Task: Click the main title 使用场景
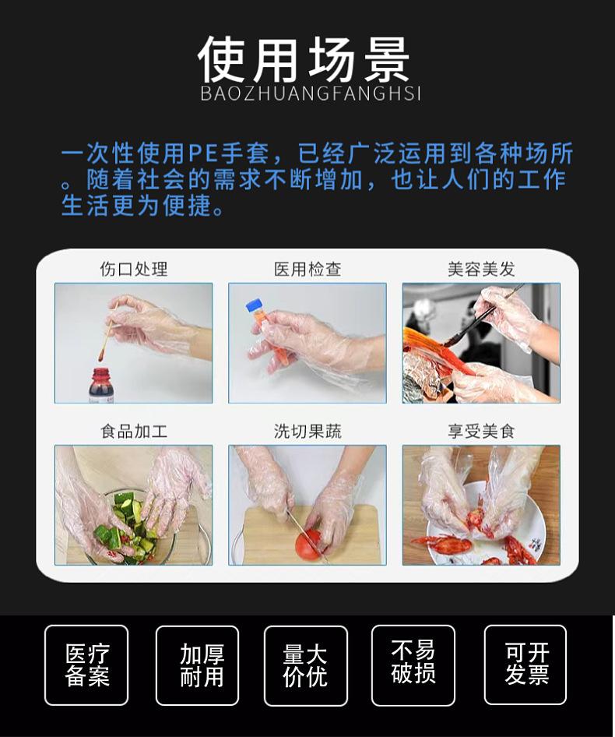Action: [304, 59]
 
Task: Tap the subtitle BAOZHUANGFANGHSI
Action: [311, 93]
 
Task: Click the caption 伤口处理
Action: [133, 269]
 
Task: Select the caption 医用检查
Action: [307, 269]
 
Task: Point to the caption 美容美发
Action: [481, 269]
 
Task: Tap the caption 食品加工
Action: [133, 431]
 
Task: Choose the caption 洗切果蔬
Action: [307, 431]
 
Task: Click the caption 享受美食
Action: [481, 431]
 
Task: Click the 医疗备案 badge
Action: [86, 665]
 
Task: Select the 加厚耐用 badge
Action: [197, 665]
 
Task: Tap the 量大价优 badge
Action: [305, 665]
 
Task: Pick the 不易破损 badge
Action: [413, 665]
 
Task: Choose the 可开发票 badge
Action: [525, 665]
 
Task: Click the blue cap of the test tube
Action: [254, 306]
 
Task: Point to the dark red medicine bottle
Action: [100, 386]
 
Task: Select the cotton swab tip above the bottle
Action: [101, 355]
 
